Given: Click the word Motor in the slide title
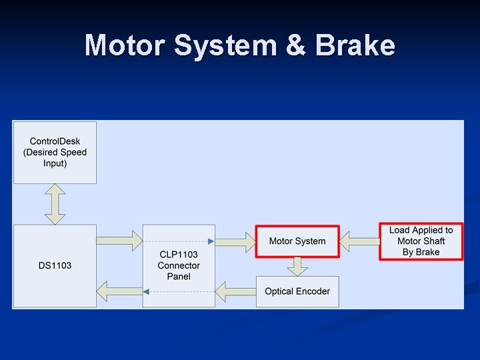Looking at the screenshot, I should [x=124, y=46].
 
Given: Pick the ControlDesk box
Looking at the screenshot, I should [x=55, y=152].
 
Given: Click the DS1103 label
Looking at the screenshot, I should [x=55, y=265].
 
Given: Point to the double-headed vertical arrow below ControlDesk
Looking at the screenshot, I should [x=55, y=204].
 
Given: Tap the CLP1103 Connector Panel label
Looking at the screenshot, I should [x=179, y=265].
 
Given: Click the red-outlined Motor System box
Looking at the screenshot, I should [x=297, y=241].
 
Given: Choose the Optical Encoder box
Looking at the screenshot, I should [x=297, y=291].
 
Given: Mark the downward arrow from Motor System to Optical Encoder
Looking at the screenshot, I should [x=297, y=265].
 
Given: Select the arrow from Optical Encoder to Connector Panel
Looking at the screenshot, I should [x=235, y=291].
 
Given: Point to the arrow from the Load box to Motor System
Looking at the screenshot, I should [x=359, y=241].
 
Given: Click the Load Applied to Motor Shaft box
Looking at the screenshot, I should [x=421, y=241].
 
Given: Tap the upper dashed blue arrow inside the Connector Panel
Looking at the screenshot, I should [x=179, y=241].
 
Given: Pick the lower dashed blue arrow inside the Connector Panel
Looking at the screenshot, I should [x=179, y=291].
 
